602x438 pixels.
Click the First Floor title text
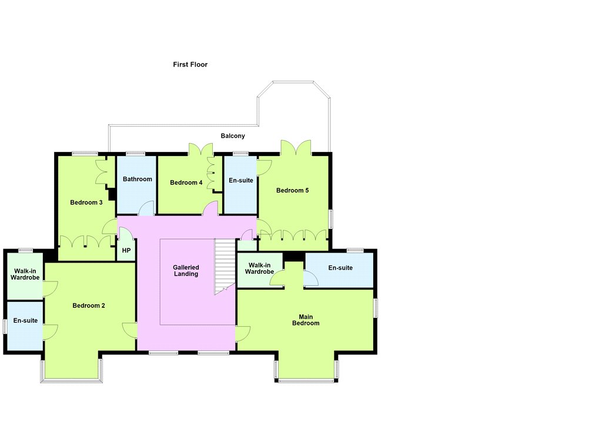pos(190,65)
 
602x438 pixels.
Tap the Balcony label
pos(233,136)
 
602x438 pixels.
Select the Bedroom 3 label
pos(86,203)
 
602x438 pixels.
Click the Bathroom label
pos(138,179)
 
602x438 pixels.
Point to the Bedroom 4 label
pos(186,182)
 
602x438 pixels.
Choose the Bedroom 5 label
pos(293,190)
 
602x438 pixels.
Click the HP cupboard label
pos(126,250)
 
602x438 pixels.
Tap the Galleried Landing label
pos(186,271)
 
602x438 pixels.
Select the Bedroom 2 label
pos(89,306)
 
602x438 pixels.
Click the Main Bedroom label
pos(306,320)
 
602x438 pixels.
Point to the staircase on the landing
pos(225,266)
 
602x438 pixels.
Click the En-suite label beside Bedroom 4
pos(241,180)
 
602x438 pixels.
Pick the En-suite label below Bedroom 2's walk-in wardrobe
pos(25,321)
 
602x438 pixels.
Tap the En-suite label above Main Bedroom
pos(340,268)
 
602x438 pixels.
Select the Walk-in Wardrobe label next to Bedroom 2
pos(25,274)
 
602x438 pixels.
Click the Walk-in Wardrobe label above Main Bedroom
pos(259,268)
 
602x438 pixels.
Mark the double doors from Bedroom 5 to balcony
pos(296,147)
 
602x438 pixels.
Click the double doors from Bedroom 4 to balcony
pos(201,149)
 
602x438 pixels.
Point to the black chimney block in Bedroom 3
pos(112,194)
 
